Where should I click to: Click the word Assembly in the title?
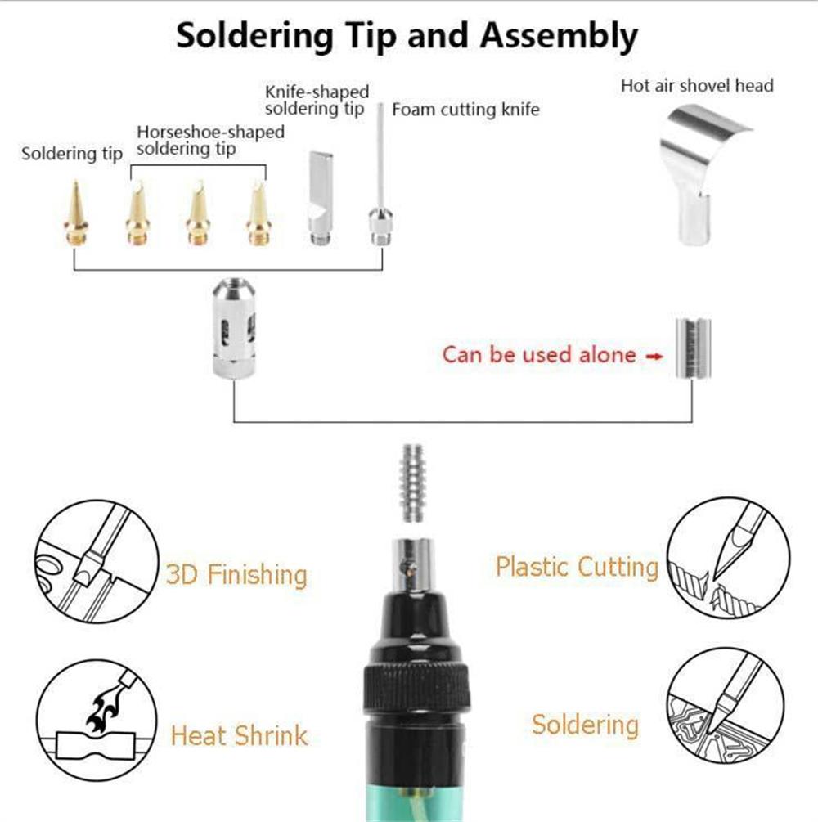pos(558,36)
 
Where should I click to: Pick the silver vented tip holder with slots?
pos(234,328)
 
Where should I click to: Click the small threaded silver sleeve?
pos(692,348)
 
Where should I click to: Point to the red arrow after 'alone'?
pos(654,356)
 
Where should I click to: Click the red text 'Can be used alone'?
pos(539,355)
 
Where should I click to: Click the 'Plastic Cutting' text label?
pos(576,566)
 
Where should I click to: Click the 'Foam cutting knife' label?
pos(465,110)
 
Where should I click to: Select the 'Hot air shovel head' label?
pos(696,85)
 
